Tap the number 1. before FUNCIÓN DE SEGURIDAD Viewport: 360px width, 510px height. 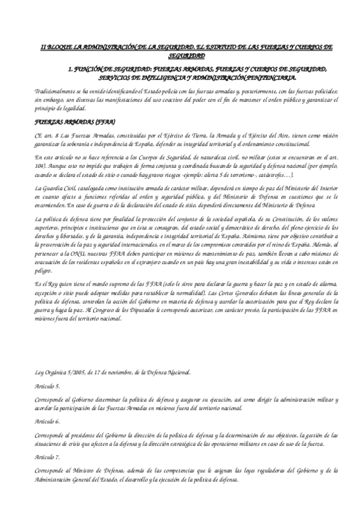pyautogui.click(x=72, y=69)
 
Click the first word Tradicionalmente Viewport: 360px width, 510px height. pyautogui.click(x=56, y=91)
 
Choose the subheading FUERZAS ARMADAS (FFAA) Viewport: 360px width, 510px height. pyautogui.click(x=63, y=121)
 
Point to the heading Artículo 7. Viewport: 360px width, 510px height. pyautogui.click(x=47, y=457)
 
